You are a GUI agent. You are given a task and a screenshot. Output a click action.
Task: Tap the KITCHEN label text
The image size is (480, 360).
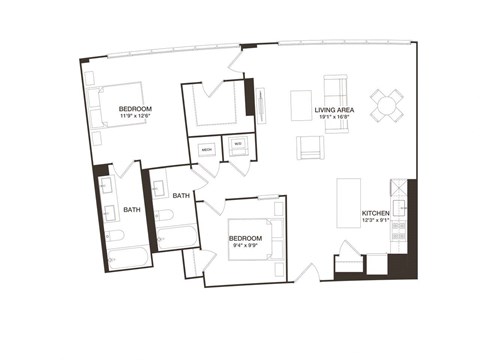375,214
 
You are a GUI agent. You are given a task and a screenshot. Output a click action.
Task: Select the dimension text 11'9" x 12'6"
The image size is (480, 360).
135,117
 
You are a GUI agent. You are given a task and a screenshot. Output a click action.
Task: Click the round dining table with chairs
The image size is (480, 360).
388,104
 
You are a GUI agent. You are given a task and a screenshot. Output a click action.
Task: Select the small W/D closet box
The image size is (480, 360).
237,146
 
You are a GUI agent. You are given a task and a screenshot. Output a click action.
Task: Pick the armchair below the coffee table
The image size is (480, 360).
311,147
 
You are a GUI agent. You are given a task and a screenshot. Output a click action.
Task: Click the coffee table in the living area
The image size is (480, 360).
301,105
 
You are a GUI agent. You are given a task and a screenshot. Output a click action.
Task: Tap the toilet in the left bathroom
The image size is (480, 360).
114,236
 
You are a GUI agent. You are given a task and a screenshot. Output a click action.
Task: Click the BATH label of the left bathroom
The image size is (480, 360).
132,210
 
